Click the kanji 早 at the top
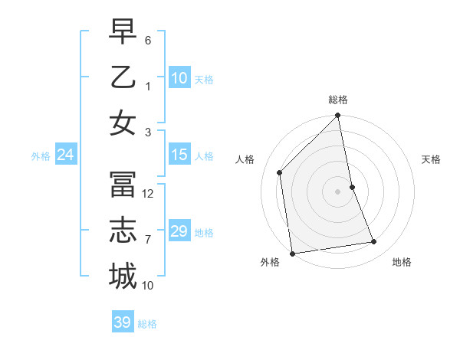[123, 32]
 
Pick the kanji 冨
[123, 185]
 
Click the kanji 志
[123, 230]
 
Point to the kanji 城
[123, 275]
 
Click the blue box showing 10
[179, 77]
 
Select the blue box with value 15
[179, 155]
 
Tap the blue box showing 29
[179, 231]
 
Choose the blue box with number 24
[66, 155]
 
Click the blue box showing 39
[123, 322]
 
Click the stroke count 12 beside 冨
[149, 194]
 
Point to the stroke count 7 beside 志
[147, 240]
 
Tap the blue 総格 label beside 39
[147, 324]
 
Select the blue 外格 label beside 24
[41, 156]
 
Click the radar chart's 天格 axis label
[431, 159]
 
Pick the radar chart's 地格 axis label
[402, 262]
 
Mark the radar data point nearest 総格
[338, 116]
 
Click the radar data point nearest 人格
[280, 172]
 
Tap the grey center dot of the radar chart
[338, 191]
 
